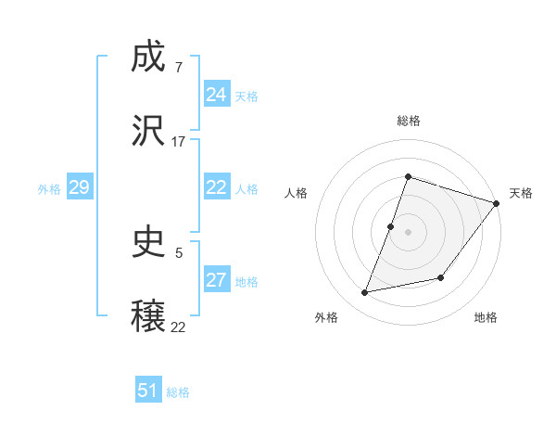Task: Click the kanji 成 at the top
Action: [149, 58]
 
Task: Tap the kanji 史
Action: [149, 242]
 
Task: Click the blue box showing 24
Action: [216, 95]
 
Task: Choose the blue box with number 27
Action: [216, 280]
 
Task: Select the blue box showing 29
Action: [79, 187]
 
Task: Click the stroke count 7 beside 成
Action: [178, 68]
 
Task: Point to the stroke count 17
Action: [179, 142]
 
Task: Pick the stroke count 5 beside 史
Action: [178, 251]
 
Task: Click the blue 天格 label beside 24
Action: [246, 96]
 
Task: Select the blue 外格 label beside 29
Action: [49, 188]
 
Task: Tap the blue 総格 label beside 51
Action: [178, 391]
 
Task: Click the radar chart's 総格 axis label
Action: [409, 121]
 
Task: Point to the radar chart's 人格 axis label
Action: [297, 193]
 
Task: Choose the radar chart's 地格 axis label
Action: [486, 317]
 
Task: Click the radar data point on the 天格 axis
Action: [497, 203]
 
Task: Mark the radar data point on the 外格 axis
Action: [365, 293]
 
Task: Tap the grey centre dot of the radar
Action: [409, 231]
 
